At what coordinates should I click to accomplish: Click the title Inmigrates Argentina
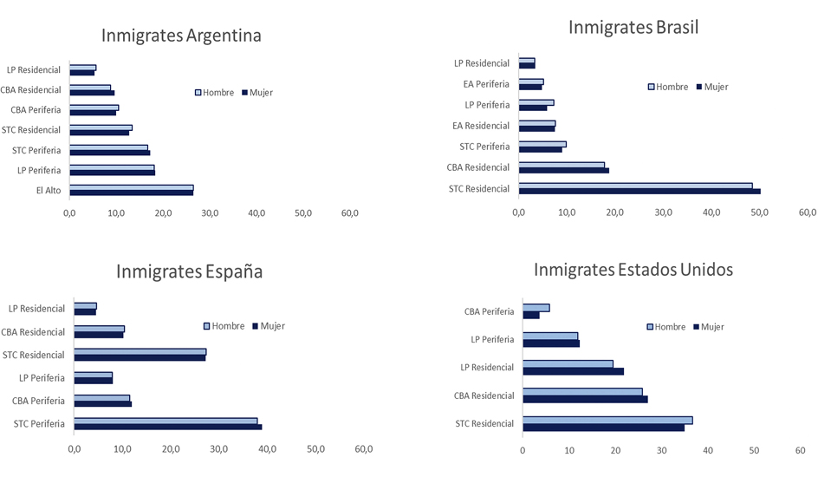pos(181,36)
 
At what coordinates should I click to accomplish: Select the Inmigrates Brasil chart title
pos(633,27)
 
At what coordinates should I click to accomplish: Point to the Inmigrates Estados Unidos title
pos(633,270)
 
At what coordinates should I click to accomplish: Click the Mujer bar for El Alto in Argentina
pos(131,193)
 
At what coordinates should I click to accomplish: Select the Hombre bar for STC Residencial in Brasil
pos(634,186)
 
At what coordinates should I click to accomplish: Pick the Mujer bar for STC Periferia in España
pos(167,427)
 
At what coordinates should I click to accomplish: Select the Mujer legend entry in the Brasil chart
pos(711,87)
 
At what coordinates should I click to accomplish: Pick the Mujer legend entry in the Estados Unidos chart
pos(707,327)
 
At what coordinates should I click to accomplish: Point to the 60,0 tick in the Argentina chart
pos(350,212)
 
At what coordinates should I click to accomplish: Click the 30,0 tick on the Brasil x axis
pos(663,212)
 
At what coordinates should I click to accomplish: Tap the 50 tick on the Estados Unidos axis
pos(754,450)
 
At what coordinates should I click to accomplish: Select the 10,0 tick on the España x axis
pos(122,449)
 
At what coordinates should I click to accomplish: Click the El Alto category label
pos(49,191)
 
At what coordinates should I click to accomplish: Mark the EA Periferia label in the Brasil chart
pos(486,84)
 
